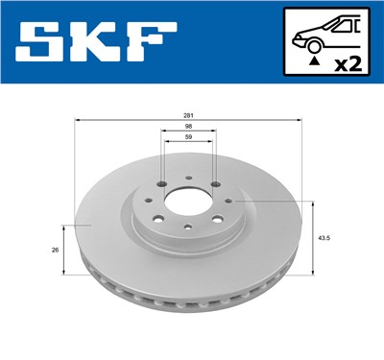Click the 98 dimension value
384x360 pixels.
tap(188, 127)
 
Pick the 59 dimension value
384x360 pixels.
tap(188, 140)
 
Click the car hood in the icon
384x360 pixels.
tap(302, 36)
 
